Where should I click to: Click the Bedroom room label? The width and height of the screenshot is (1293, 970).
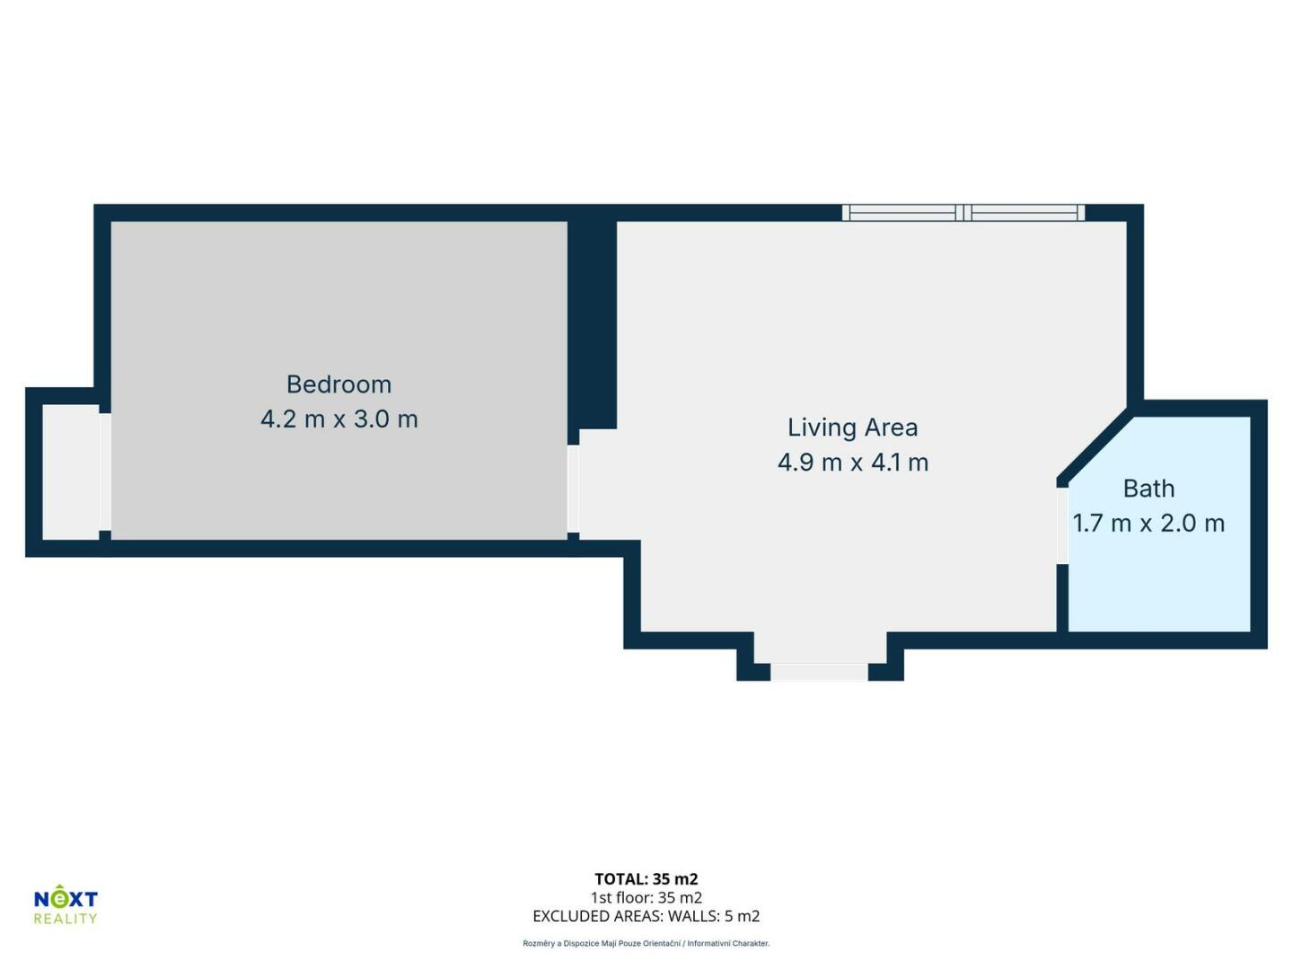tap(339, 384)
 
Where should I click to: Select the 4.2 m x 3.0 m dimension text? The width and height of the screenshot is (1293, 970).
tap(339, 419)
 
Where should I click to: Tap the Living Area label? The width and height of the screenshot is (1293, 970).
tap(852, 428)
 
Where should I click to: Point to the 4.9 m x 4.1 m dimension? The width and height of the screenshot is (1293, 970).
tap(853, 463)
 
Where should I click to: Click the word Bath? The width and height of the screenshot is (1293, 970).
tap(1148, 489)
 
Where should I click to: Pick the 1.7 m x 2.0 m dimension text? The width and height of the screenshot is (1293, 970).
tap(1148, 524)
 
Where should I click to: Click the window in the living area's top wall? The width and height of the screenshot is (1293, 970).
tap(963, 213)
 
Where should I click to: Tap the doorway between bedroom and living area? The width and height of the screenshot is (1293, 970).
tap(573, 489)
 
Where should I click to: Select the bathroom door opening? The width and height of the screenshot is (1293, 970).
tap(1062, 525)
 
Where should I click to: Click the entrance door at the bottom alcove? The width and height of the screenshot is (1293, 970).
tap(820, 672)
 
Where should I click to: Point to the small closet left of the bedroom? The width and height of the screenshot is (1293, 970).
tap(71, 472)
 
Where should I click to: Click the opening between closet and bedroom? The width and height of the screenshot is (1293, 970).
tap(105, 472)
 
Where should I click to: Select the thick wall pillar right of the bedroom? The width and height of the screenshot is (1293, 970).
tap(592, 325)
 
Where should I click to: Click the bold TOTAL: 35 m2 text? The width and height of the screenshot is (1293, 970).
tap(646, 879)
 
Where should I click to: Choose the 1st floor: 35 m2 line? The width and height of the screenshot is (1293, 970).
tap(646, 897)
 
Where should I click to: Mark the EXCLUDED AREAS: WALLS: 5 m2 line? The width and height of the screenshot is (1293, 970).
tap(646, 916)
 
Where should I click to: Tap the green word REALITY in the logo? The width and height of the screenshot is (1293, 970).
tap(66, 918)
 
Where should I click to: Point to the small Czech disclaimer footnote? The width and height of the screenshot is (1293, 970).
tap(646, 943)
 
